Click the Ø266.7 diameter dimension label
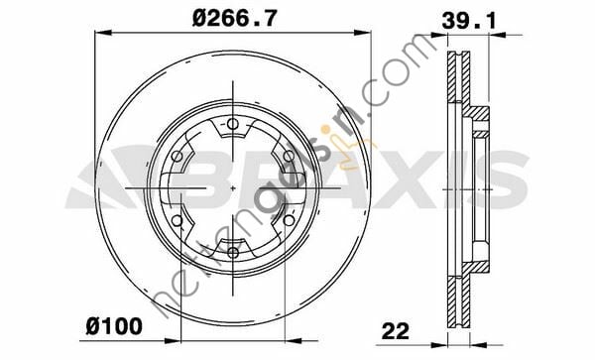coord(234,18)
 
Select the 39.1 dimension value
coord(469,20)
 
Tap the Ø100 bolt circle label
coord(114,326)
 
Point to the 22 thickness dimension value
coord(396,331)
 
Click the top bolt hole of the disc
coord(233,124)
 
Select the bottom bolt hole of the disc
coord(233,252)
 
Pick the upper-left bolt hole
coord(178,156)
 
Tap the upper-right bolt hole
coord(289,156)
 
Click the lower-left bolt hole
coord(178,220)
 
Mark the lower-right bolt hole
coord(289,220)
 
